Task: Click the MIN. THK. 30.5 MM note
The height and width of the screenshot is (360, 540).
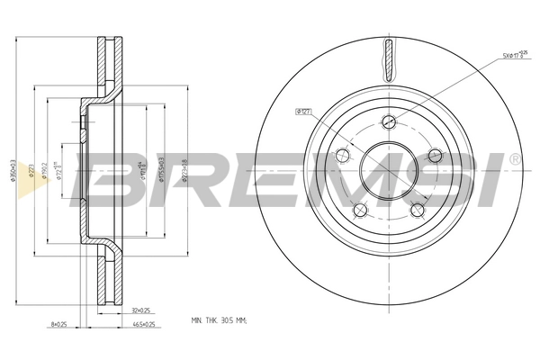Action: coord(220,320)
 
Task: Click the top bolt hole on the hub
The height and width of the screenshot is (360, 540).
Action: coord(388,123)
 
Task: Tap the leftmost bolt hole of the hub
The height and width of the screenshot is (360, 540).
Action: coord(342,157)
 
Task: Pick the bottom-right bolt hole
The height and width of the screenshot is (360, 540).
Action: coord(417,211)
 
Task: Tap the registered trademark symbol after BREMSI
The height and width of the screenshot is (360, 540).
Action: coord(514,158)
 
